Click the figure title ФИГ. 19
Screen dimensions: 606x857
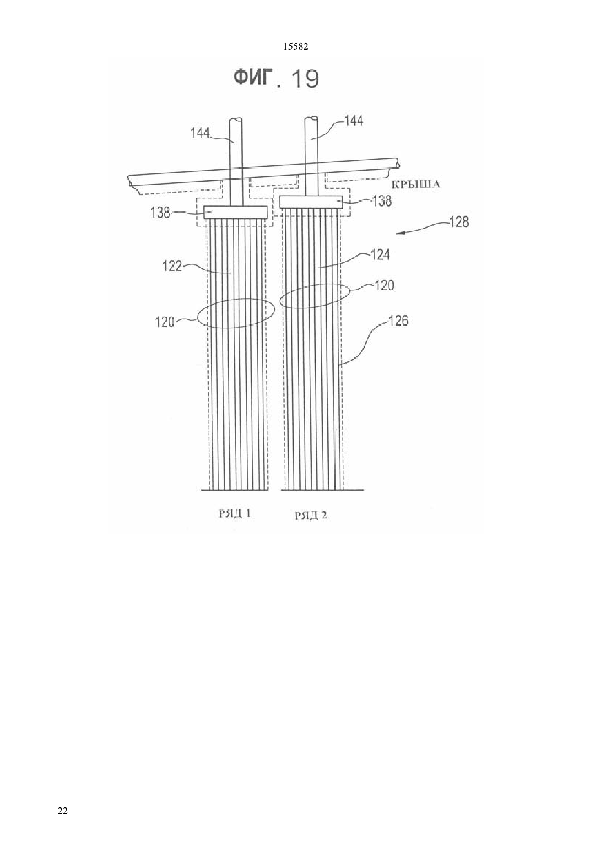[276, 79]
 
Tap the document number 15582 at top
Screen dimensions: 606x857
[295, 47]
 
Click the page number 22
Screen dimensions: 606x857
[63, 810]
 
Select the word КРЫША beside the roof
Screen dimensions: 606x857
[415, 185]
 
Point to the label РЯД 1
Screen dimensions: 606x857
[235, 513]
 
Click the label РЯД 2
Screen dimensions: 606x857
[311, 516]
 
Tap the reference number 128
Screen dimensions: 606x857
[459, 222]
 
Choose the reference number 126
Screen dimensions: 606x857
[398, 321]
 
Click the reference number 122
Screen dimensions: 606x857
[172, 266]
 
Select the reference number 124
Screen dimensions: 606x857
[380, 255]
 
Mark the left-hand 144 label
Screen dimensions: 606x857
[201, 133]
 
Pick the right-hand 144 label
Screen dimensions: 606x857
[354, 121]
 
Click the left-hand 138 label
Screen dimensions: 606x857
[160, 213]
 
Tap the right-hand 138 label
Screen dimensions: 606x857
[382, 201]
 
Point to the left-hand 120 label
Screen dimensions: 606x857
[165, 322]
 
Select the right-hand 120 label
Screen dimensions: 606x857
[384, 285]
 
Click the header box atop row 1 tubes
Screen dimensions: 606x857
[235, 213]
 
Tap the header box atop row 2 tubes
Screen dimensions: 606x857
[311, 202]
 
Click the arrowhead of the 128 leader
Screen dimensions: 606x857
[398, 233]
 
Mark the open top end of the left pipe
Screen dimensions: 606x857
[236, 120]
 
